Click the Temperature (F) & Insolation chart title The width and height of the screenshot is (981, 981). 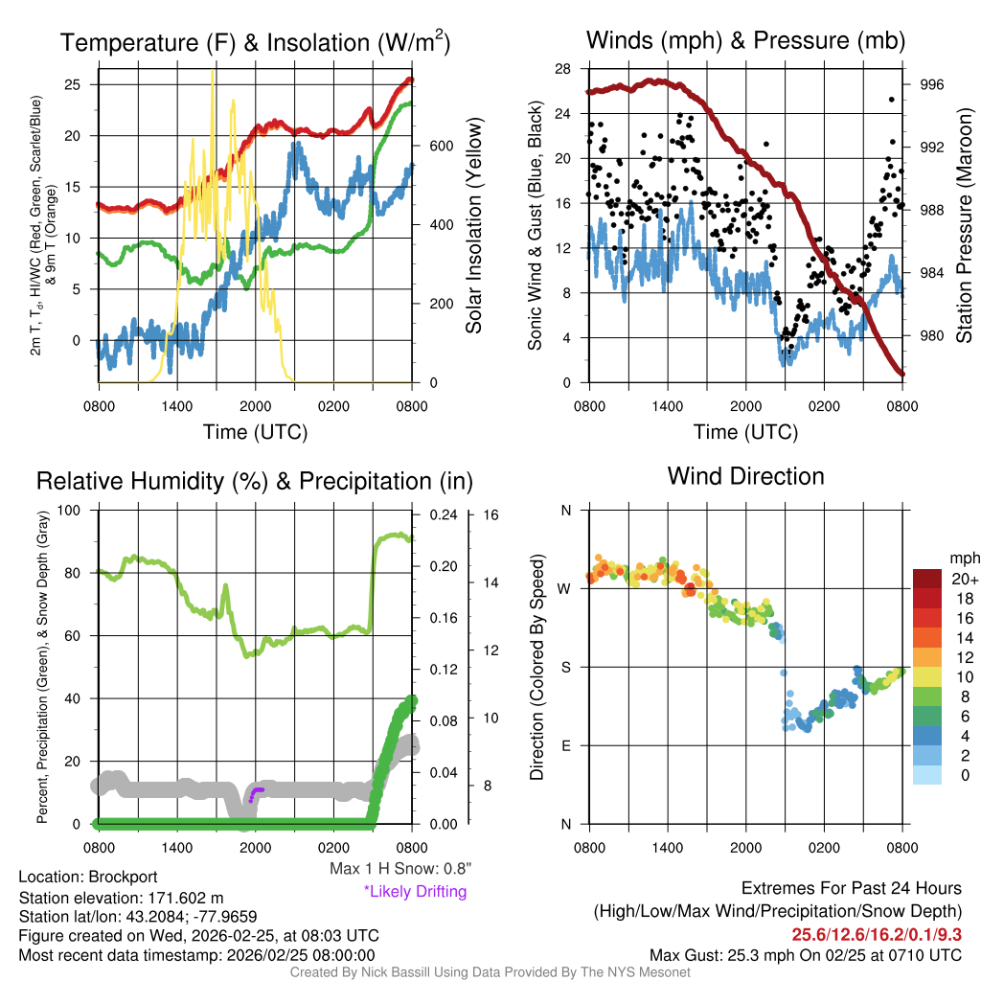click(255, 42)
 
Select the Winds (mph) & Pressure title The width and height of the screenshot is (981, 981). click(745, 40)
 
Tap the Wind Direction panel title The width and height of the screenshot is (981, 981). click(745, 476)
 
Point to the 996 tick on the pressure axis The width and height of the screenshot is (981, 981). click(932, 84)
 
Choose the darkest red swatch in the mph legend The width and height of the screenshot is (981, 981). click(930, 579)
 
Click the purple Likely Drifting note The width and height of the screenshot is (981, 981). click(415, 892)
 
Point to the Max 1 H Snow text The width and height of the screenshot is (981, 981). click(400, 869)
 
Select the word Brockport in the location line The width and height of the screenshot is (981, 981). click(123, 877)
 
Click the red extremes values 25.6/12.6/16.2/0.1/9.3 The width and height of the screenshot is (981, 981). click(876, 934)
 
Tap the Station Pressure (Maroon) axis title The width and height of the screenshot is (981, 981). click(965, 225)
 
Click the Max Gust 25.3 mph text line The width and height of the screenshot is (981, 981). click(805, 955)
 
